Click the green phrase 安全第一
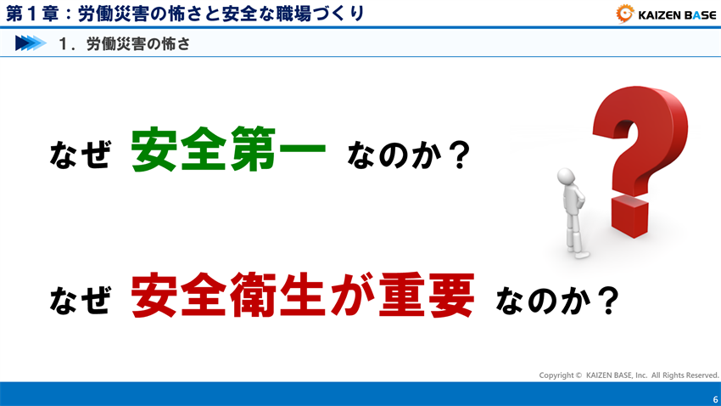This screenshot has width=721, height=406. coord(228,151)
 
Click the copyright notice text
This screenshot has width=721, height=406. coord(629,375)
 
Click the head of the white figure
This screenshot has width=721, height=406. coord(567,177)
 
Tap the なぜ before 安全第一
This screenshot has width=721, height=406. coord(80,155)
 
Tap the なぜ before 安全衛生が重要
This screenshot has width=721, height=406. coord(80,300)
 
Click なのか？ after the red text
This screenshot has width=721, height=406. coord(555,300)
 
